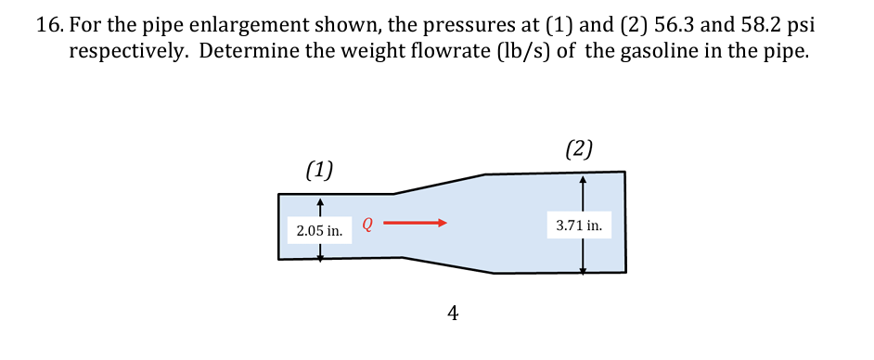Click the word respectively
(x=130, y=52)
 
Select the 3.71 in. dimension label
(x=579, y=225)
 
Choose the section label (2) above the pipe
(x=578, y=148)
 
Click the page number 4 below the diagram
(x=452, y=314)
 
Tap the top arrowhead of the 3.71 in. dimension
(x=583, y=179)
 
